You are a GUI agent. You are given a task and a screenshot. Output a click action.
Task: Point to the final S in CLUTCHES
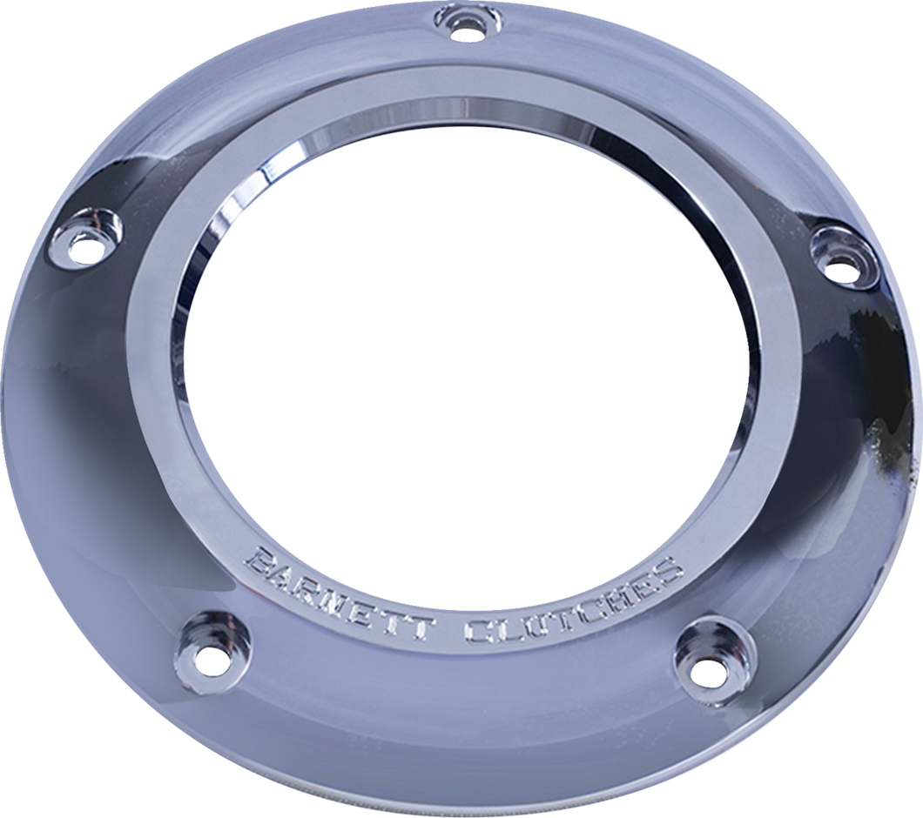[667, 570]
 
